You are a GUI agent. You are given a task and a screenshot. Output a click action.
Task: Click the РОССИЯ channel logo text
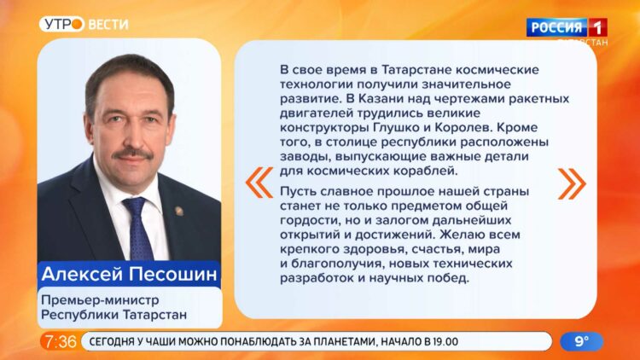tap(556, 27)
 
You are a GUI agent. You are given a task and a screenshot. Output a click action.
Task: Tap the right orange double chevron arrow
tap(569, 182)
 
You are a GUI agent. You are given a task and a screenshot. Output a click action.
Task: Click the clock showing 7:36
tap(60, 341)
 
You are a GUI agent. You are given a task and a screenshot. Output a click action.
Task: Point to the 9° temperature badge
tap(581, 341)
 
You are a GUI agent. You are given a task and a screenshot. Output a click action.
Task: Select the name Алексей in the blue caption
tap(80, 276)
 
